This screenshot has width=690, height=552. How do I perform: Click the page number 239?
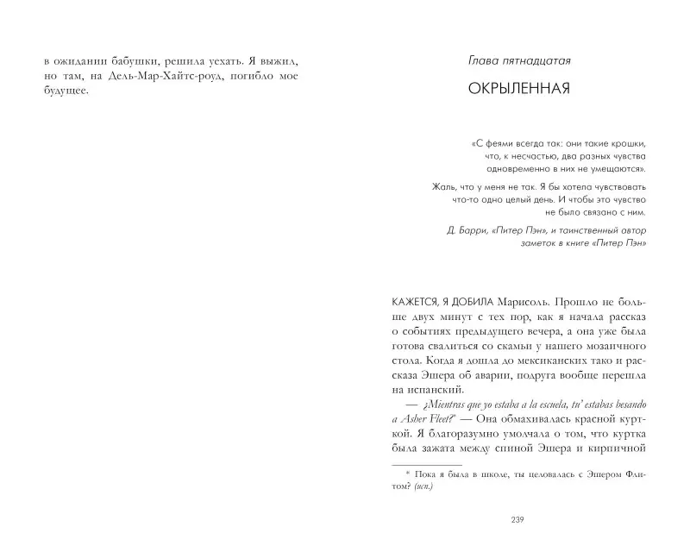click(x=517, y=518)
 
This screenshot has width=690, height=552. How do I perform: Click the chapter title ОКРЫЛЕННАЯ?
click(x=517, y=89)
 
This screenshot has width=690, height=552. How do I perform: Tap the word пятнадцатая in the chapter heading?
click(x=536, y=61)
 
